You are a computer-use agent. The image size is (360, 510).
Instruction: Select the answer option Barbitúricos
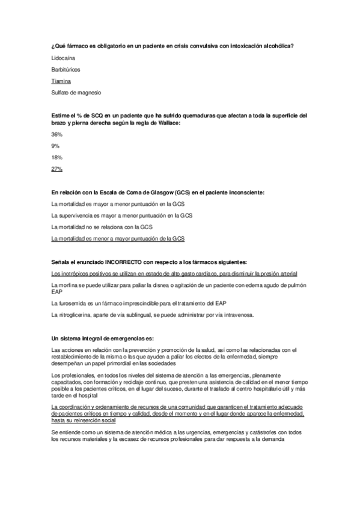click(x=66, y=70)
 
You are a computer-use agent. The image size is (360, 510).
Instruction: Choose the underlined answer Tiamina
click(x=61, y=81)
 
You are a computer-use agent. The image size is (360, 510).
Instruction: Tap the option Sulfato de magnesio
click(x=77, y=93)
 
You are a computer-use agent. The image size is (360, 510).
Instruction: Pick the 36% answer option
click(x=57, y=135)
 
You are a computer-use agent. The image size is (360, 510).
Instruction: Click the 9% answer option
click(x=55, y=146)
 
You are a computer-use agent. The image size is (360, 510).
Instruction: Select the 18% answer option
click(x=57, y=158)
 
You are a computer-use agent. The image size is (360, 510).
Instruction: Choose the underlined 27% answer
click(x=57, y=169)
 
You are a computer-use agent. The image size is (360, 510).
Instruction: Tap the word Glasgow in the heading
click(x=157, y=192)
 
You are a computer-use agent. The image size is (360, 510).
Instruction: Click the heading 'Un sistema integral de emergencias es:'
click(x=103, y=338)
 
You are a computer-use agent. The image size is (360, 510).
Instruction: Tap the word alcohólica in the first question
click(x=275, y=47)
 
